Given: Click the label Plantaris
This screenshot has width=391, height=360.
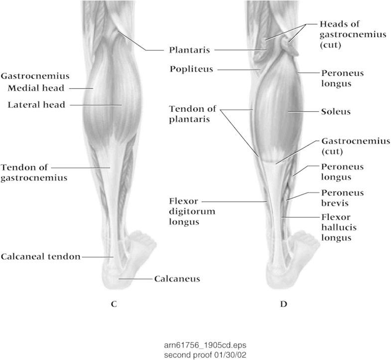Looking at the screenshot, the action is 189,50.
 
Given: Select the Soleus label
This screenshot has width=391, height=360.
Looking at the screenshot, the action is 336,112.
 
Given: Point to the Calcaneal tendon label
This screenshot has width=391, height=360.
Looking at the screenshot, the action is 41,257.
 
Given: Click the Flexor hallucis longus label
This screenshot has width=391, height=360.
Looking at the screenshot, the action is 336,227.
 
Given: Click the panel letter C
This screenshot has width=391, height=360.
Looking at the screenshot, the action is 114,304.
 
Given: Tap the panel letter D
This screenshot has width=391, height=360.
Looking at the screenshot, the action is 283,304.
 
